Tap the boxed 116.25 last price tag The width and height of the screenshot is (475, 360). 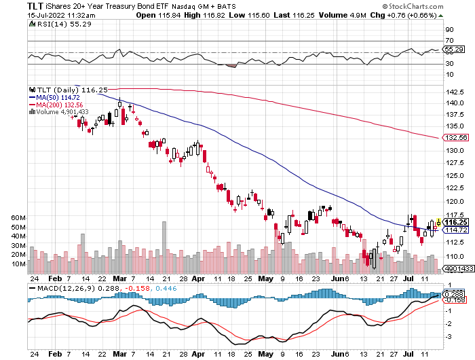(455, 222)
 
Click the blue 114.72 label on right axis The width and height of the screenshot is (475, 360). (455, 230)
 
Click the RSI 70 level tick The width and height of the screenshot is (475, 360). (449, 41)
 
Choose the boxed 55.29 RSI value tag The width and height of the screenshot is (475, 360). (453, 50)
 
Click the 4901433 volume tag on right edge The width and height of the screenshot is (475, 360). (455, 269)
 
